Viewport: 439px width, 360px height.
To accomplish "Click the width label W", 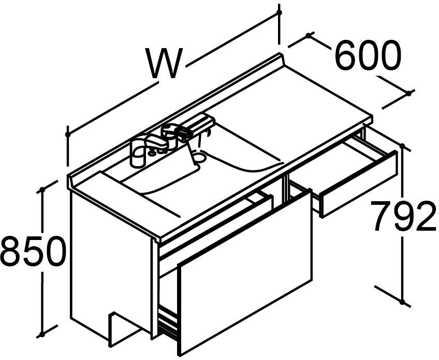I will tap(165, 64).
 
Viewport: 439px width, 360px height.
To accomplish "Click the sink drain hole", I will tap(200, 155).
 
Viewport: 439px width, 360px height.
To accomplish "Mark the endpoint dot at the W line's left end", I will tap(67, 134).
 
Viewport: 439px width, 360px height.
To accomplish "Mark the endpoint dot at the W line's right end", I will tap(279, 11).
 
